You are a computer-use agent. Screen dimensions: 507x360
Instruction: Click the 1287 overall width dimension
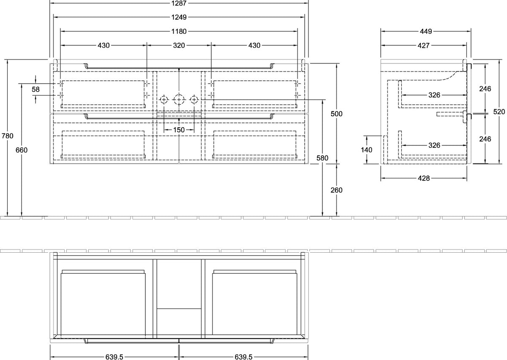coord(179,3)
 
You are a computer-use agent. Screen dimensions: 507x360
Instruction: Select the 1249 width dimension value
coord(179,17)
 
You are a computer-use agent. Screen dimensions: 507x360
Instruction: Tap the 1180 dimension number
coord(179,31)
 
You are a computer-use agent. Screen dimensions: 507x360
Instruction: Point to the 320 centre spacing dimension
coord(179,45)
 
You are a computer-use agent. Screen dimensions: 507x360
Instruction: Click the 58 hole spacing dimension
coord(35,90)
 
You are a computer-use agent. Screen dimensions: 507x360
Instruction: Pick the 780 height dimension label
coord(8,136)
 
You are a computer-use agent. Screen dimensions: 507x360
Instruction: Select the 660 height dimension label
coord(22,150)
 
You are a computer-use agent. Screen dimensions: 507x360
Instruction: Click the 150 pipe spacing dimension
coord(179,130)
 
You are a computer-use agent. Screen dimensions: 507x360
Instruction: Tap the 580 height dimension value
coord(322,158)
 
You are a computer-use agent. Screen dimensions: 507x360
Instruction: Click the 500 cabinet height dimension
coord(336,114)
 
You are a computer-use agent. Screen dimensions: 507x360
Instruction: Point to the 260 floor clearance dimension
coord(336,190)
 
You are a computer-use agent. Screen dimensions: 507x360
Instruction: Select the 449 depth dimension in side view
coord(426,31)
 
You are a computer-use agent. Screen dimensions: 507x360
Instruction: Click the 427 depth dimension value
coord(423,46)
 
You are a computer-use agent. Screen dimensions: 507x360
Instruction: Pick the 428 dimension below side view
coord(424,178)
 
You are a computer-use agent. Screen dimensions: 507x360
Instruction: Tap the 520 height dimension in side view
coord(499,112)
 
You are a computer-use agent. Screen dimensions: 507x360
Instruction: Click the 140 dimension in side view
coord(366,150)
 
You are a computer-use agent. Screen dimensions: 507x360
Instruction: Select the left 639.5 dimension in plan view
coord(114,357)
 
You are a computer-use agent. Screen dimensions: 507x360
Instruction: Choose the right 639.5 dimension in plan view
coord(243,357)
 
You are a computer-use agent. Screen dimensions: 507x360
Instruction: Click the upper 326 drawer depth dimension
coord(434,95)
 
